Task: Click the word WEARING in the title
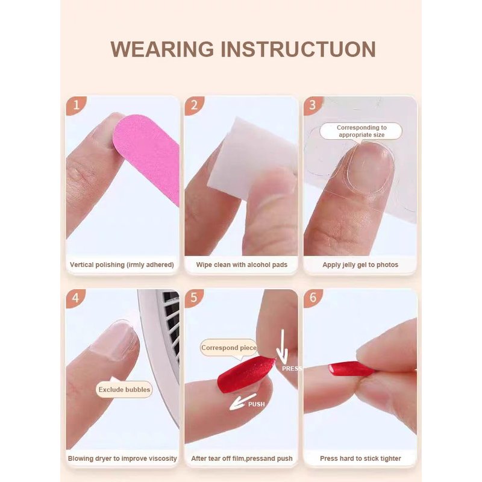tap(162, 49)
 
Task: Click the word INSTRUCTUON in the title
tap(298, 49)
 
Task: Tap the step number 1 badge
tap(76, 105)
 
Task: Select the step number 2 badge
tap(194, 105)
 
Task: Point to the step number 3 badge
tap(313, 105)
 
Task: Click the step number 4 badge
tap(76, 298)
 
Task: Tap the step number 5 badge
tap(194, 298)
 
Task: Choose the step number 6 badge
tap(313, 298)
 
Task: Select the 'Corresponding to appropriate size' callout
tap(361, 131)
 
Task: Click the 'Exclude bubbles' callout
tap(124, 389)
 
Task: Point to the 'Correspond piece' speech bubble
tap(229, 348)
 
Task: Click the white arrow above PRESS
tap(282, 347)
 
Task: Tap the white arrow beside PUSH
tap(243, 401)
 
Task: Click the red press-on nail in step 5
tap(245, 374)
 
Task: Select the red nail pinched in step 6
tap(351, 368)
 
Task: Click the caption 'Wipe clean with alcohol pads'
tap(242, 264)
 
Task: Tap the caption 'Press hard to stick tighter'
tap(360, 459)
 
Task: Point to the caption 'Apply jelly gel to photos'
tap(360, 264)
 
